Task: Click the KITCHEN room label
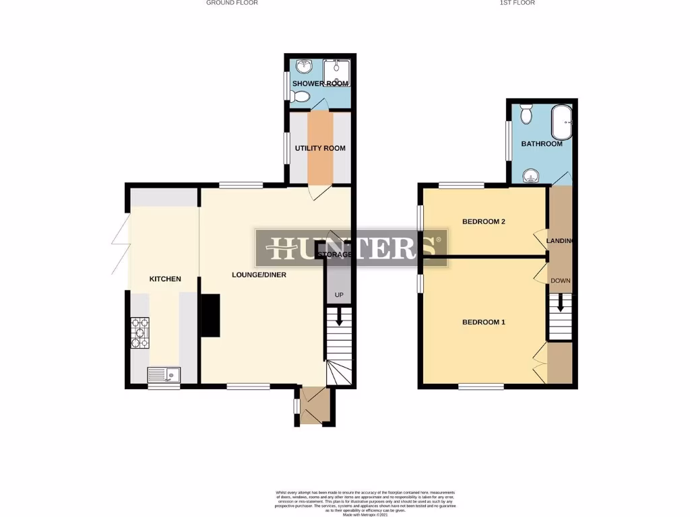(x=165, y=279)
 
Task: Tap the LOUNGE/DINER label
(x=259, y=275)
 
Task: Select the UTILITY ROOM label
(x=320, y=148)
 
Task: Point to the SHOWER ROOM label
(x=321, y=83)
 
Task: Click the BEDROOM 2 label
(x=484, y=221)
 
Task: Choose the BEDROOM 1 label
(x=484, y=322)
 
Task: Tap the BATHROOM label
(x=542, y=144)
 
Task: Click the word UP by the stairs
(x=339, y=296)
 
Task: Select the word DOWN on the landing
(x=560, y=281)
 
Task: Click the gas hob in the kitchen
(x=139, y=333)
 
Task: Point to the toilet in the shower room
(x=301, y=98)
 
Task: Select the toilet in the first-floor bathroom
(x=526, y=115)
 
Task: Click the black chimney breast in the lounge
(x=211, y=314)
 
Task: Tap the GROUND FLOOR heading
(x=232, y=3)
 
